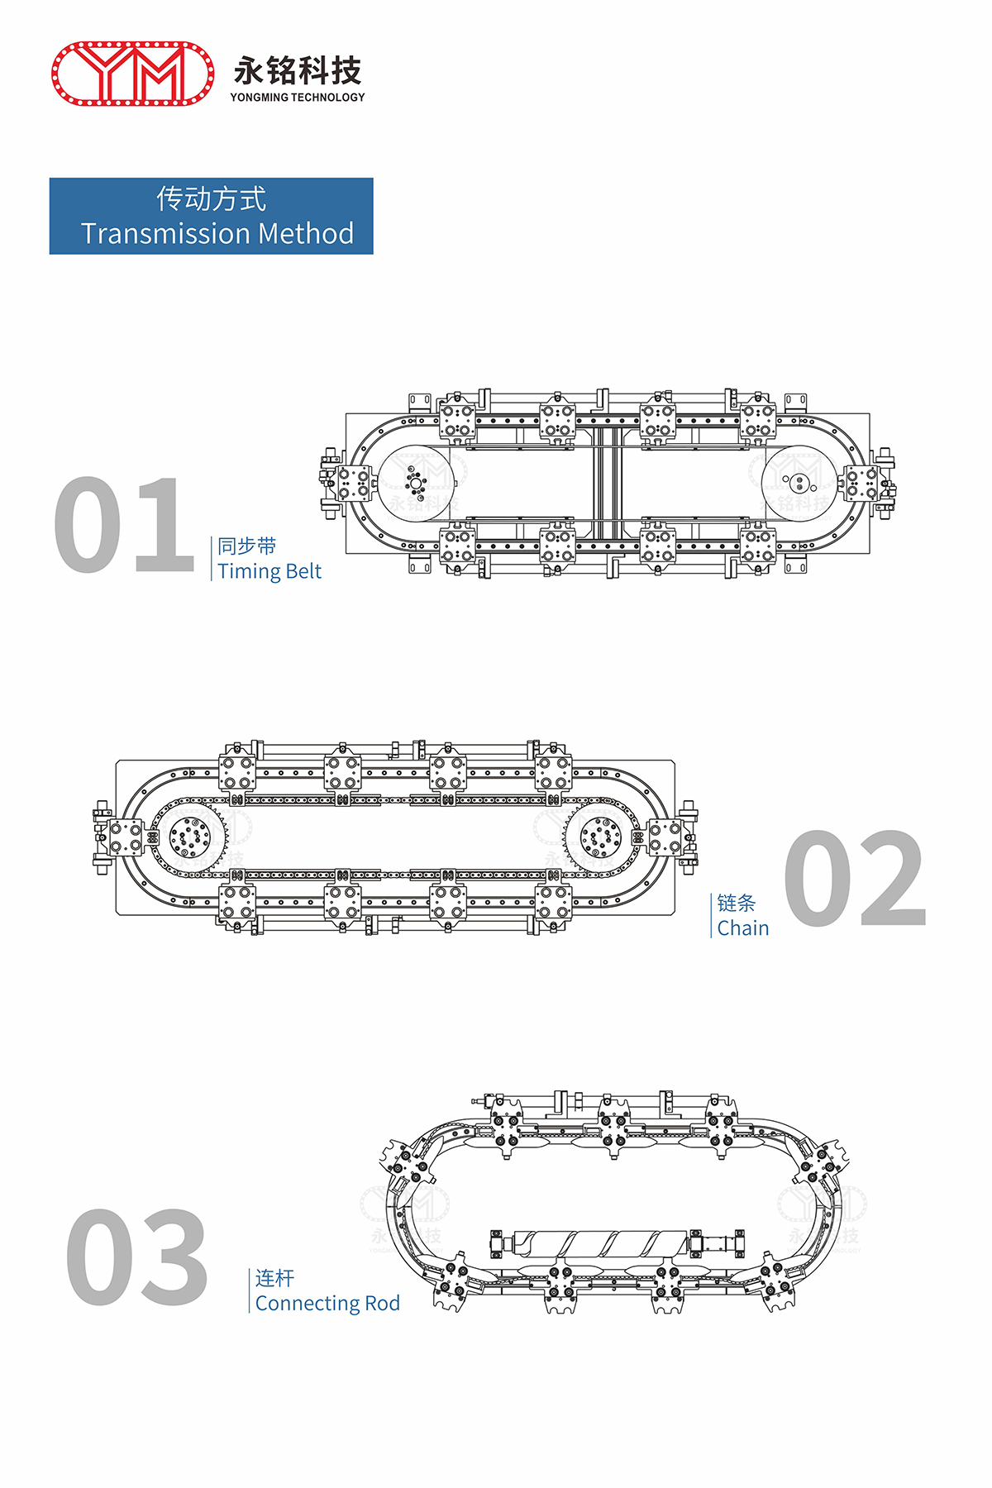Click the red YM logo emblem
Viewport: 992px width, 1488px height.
pos(133,74)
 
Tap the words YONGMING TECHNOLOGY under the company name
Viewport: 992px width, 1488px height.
pos(298,98)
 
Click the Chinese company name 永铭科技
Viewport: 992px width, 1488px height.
pos(298,70)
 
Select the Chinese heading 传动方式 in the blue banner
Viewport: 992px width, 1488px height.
pos(212,199)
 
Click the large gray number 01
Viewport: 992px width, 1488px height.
pos(124,525)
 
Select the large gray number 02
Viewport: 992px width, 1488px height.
pos(855,878)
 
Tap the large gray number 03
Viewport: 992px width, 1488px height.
pos(137,1257)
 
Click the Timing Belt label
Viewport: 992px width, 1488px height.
pos(269,571)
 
